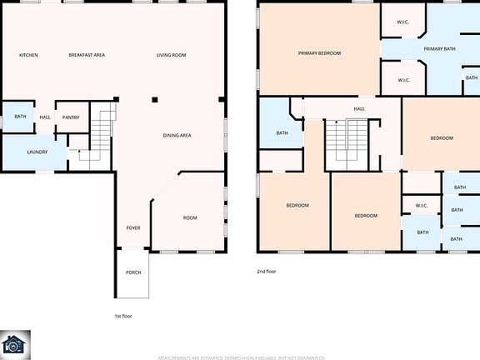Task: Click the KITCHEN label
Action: pos(28,56)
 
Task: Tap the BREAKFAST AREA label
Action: pos(86,56)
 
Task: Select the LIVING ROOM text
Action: pos(171,56)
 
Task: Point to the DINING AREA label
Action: pos(177,135)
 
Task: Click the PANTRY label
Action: pos(70,117)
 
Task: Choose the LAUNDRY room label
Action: pos(37,152)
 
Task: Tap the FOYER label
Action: pos(133,227)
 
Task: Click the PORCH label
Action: pos(133,272)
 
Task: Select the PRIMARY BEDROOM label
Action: pos(319,53)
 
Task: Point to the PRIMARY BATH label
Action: pos(439,50)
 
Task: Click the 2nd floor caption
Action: pos(267,272)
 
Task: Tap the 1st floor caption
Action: pos(123,317)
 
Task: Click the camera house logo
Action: pos(14,344)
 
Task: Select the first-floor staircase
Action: pos(100,132)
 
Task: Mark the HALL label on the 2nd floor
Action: pos(359,108)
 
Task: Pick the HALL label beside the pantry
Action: pos(45,117)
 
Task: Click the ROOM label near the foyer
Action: pos(190,218)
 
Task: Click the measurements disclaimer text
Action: pos(240,356)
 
